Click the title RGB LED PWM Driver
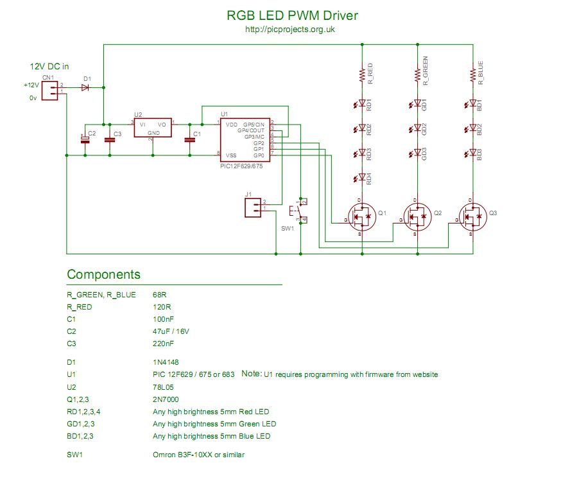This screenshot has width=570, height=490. click(293, 15)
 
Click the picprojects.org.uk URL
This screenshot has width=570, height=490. click(290, 30)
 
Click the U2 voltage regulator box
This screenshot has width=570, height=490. click(153, 127)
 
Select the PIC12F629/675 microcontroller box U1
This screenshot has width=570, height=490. click(244, 139)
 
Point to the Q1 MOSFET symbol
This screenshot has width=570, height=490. click(361, 217)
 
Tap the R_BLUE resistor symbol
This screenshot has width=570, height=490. click(473, 74)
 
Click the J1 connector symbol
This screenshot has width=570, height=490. click(254, 209)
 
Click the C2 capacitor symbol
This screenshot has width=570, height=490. click(84, 139)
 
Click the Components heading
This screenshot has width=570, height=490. click(103, 275)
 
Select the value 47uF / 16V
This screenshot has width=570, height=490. click(171, 331)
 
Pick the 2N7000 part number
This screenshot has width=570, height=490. click(164, 399)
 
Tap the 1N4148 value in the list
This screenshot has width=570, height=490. click(165, 362)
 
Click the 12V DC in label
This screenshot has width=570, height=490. click(49, 66)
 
